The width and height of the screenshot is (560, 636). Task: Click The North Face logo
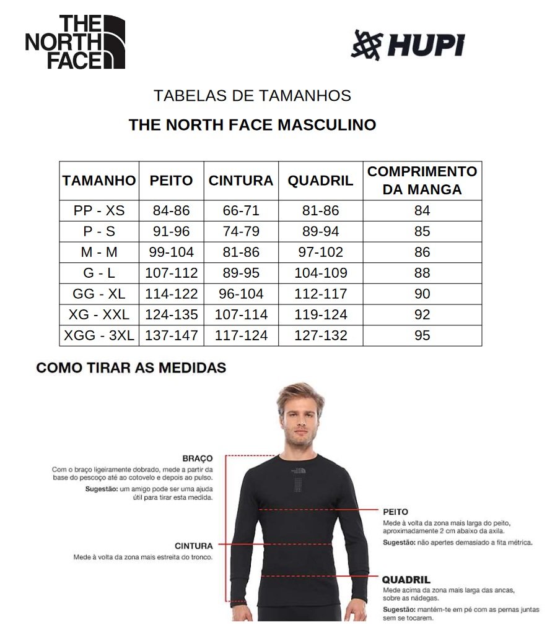click(x=75, y=42)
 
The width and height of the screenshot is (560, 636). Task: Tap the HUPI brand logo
click(x=407, y=45)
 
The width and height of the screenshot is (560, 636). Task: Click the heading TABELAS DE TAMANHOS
click(x=252, y=96)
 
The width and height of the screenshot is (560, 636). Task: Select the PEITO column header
click(x=171, y=181)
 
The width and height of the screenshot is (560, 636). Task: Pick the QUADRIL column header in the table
click(x=320, y=181)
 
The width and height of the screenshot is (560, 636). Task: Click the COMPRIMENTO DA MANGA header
click(x=422, y=181)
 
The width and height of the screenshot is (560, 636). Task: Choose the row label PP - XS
click(x=99, y=210)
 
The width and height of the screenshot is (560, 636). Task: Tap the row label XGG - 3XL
click(x=99, y=335)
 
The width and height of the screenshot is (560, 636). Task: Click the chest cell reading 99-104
click(x=171, y=252)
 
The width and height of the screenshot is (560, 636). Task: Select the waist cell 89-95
click(x=241, y=273)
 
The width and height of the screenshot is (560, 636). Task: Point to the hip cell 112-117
click(x=320, y=294)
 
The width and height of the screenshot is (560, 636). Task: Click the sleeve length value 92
click(x=422, y=314)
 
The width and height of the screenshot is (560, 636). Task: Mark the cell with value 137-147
click(x=171, y=335)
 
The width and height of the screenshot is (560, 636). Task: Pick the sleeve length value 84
click(x=422, y=210)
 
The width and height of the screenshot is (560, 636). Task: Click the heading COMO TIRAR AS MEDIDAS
click(x=131, y=368)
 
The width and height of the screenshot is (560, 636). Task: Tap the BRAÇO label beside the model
click(x=198, y=458)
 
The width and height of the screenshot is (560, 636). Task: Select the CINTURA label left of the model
click(x=193, y=546)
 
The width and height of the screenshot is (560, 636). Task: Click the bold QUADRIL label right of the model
click(x=406, y=580)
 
